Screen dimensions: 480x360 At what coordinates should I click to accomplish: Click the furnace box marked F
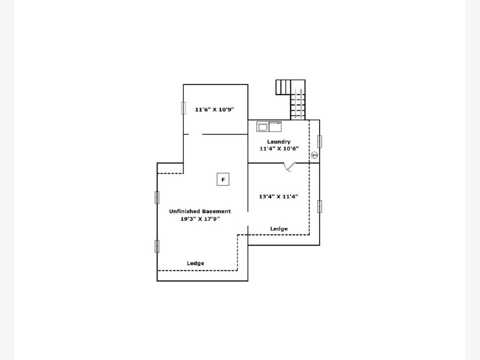coord(223,179)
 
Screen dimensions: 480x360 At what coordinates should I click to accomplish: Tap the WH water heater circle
coord(314,155)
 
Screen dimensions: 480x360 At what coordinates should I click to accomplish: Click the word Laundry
coord(279,142)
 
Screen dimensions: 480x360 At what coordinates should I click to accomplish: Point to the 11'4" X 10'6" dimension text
coord(279,149)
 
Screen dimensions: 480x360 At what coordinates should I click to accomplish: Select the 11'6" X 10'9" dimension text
coord(214,110)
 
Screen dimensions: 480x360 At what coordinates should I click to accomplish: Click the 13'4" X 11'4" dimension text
coord(278,196)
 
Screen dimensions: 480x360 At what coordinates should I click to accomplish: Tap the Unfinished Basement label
coord(200,211)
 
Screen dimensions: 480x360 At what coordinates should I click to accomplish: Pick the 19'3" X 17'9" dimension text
coord(200,219)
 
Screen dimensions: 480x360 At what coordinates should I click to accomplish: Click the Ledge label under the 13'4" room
coord(279,229)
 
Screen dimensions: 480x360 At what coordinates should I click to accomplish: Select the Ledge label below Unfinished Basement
coord(195,263)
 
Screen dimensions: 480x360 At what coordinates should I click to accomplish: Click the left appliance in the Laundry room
coord(263,126)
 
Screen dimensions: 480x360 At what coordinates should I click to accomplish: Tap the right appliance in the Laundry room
coord(275,126)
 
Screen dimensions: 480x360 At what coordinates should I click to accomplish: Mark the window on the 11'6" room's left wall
coord(184,108)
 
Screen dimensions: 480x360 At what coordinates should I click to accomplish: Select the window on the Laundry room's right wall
coord(320,142)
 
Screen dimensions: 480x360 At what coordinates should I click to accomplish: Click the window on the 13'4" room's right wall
coord(320,206)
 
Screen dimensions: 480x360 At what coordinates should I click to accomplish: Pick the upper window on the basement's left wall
coord(157,198)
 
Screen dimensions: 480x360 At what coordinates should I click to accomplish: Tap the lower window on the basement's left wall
coord(157,246)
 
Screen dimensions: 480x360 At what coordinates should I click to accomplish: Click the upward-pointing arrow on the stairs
coord(301,104)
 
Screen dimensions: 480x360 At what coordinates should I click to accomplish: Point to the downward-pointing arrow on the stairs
coord(296,104)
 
